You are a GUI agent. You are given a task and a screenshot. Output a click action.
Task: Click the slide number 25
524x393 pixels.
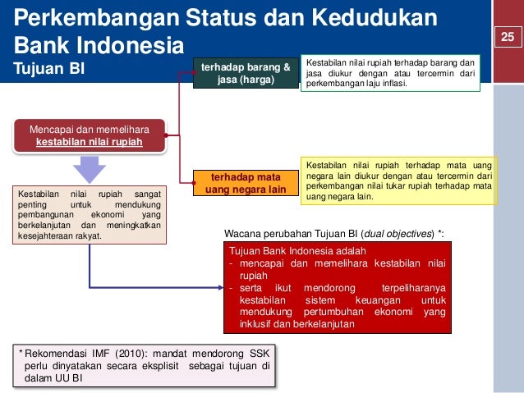click(x=507, y=36)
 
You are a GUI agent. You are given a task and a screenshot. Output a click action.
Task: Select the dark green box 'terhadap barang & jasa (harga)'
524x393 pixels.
click(x=246, y=72)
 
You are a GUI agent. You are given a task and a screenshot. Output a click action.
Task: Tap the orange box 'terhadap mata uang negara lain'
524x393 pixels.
click(x=246, y=182)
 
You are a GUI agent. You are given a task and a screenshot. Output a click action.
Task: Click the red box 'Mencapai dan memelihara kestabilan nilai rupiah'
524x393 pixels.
click(x=90, y=135)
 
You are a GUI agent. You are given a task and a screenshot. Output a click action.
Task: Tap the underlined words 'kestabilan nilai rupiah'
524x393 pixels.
click(x=90, y=142)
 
